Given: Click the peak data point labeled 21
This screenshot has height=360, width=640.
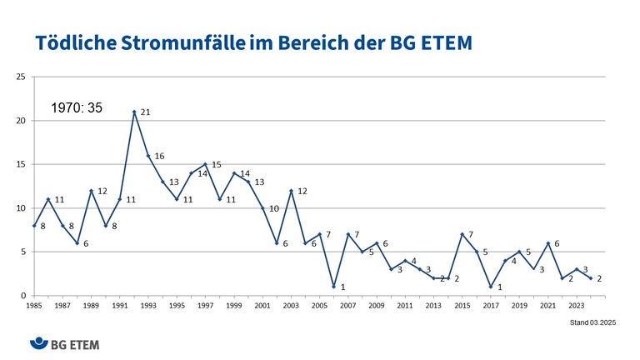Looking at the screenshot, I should coord(134,112).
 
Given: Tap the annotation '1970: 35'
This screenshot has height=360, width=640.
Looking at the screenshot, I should coord(77,107).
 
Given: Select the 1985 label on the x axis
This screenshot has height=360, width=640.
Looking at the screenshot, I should coord(34,306).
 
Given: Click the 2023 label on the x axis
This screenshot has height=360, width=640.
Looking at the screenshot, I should coord(577,306).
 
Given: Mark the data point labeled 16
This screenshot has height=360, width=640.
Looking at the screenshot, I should coord(148,156).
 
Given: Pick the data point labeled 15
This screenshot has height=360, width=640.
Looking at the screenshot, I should coord(205,164).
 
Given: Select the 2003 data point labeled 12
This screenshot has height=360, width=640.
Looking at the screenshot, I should coord(291,191).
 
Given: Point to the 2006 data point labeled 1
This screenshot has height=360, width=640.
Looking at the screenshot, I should coord(333,287).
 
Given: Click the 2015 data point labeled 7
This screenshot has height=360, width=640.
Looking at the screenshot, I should coord(462,234).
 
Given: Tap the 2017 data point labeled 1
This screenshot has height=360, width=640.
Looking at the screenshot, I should coord(490,287).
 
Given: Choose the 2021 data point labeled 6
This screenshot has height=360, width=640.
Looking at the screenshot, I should coord(547,243).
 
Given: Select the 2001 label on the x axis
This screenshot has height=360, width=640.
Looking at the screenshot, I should coord(262,306).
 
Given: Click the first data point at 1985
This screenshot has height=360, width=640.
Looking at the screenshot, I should coord(34,226).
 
